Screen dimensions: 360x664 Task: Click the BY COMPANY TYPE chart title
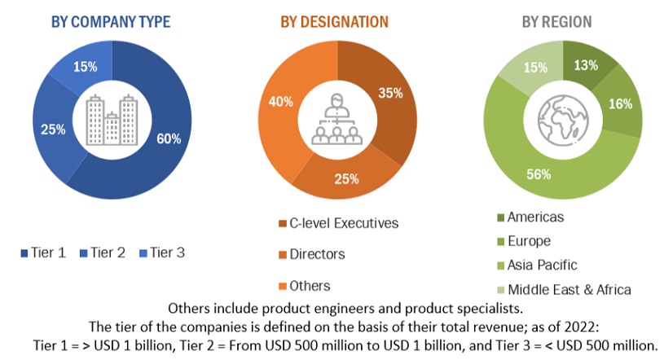[x=111, y=22]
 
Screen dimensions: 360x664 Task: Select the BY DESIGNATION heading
[x=334, y=22]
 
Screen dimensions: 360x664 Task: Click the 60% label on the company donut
[x=169, y=138]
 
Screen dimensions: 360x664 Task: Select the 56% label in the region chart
[x=538, y=173]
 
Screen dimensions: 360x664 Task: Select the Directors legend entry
[x=316, y=254]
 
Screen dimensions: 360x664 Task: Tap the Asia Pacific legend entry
[x=542, y=265]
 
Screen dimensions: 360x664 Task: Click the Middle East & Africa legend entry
[x=569, y=289]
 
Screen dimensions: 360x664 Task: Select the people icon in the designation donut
[x=334, y=123]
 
